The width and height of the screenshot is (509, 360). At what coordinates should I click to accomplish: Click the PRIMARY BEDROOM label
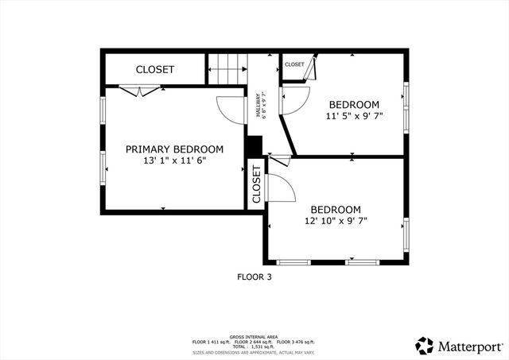pos(174,149)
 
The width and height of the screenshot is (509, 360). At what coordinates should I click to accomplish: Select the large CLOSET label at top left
pos(154,70)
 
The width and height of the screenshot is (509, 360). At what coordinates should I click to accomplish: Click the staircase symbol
pos(227,68)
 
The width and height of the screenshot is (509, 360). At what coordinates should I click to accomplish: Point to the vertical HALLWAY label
pos(259,106)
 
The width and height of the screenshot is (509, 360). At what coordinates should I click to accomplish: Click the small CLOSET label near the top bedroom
pos(294,64)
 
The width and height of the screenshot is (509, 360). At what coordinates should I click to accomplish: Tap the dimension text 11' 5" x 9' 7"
pos(354,116)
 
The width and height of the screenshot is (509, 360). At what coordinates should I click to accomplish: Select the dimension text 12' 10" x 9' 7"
pos(335,221)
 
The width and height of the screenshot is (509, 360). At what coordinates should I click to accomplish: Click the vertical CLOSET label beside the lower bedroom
pos(256,184)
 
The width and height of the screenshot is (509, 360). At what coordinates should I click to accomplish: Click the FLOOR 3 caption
pos(254,277)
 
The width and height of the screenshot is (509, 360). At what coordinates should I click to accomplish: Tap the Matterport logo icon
pos(425,346)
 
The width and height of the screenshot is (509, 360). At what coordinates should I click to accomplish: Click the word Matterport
pos(469,346)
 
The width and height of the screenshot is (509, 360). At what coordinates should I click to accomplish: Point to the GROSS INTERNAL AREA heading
pos(254,336)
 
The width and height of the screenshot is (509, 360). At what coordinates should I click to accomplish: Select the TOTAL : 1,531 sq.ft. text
pos(254,346)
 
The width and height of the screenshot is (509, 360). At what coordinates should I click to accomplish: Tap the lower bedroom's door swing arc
pos(283,187)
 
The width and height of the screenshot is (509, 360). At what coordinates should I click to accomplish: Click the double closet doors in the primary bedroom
pos(132,91)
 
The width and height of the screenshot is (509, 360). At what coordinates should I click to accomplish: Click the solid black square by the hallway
pos(254,146)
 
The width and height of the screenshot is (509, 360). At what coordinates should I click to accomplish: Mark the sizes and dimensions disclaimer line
pos(254,351)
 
